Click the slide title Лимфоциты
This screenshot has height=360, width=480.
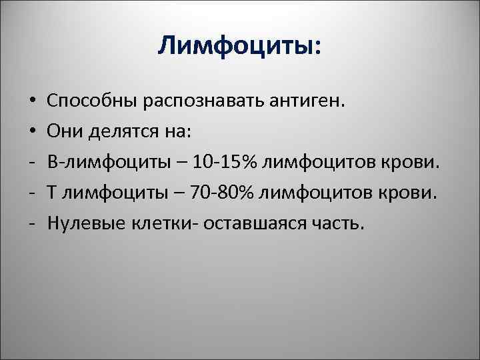click(x=239, y=47)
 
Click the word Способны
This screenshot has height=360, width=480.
click(x=89, y=101)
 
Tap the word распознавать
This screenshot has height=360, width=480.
click(x=197, y=101)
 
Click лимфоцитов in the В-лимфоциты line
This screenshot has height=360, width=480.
click(x=320, y=162)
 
